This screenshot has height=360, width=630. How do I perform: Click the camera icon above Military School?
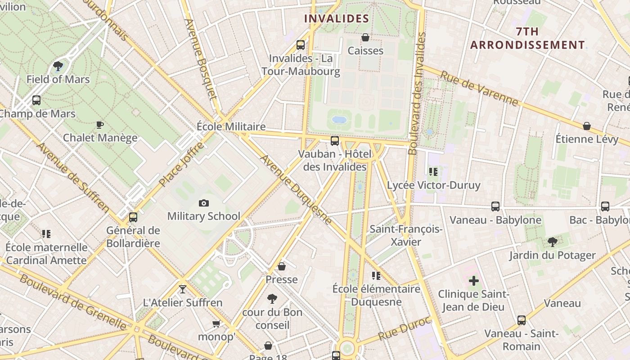[x=204, y=203]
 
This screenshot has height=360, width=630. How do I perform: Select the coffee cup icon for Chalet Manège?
[x=100, y=125]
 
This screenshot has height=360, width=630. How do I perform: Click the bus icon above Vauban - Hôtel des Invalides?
[x=334, y=141]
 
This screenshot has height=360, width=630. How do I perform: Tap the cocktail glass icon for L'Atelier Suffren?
[x=182, y=289]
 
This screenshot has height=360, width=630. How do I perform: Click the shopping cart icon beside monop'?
[x=216, y=324]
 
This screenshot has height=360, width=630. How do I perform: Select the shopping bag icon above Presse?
[x=281, y=266]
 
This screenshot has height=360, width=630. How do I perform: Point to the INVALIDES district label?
[x=337, y=18]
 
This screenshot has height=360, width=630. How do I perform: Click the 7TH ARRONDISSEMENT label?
[x=527, y=38]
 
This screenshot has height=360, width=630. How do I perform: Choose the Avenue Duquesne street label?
[x=296, y=189]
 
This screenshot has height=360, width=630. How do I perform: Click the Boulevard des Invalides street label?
[x=416, y=94]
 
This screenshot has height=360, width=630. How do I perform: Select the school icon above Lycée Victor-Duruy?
[x=433, y=171]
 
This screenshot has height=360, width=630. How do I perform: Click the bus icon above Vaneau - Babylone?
[x=495, y=207]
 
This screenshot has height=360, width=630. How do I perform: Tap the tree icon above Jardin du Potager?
[x=552, y=242]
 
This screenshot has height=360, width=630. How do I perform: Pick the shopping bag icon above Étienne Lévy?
[x=586, y=126]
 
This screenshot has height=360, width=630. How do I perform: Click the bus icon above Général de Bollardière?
[x=133, y=217]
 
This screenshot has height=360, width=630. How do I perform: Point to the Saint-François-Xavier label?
[x=406, y=235]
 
